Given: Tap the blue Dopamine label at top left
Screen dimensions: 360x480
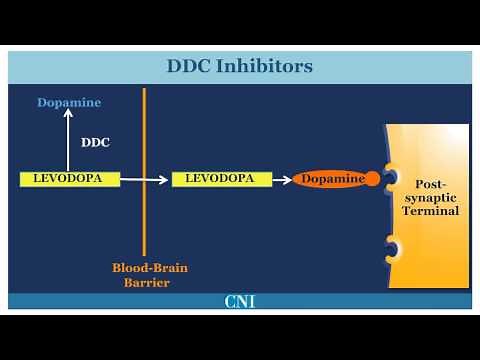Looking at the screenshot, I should pyautogui.click(x=69, y=103).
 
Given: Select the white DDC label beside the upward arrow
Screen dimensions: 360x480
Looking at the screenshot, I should pyautogui.click(x=95, y=142).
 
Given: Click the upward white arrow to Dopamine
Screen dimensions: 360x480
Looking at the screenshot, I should pyautogui.click(x=69, y=140).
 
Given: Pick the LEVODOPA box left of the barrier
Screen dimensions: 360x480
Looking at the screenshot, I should pyautogui.click(x=69, y=179).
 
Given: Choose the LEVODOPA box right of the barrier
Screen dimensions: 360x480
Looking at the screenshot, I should pyautogui.click(x=221, y=179).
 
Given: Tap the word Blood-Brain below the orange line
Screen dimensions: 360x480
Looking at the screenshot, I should pyautogui.click(x=150, y=268).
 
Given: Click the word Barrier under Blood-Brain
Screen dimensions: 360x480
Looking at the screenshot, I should pyautogui.click(x=145, y=283).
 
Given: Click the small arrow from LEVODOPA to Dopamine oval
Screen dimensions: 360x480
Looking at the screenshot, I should pyautogui.click(x=281, y=179).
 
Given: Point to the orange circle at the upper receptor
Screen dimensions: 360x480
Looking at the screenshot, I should pyautogui.click(x=372, y=179).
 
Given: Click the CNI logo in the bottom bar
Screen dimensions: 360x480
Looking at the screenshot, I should pyautogui.click(x=239, y=301).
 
